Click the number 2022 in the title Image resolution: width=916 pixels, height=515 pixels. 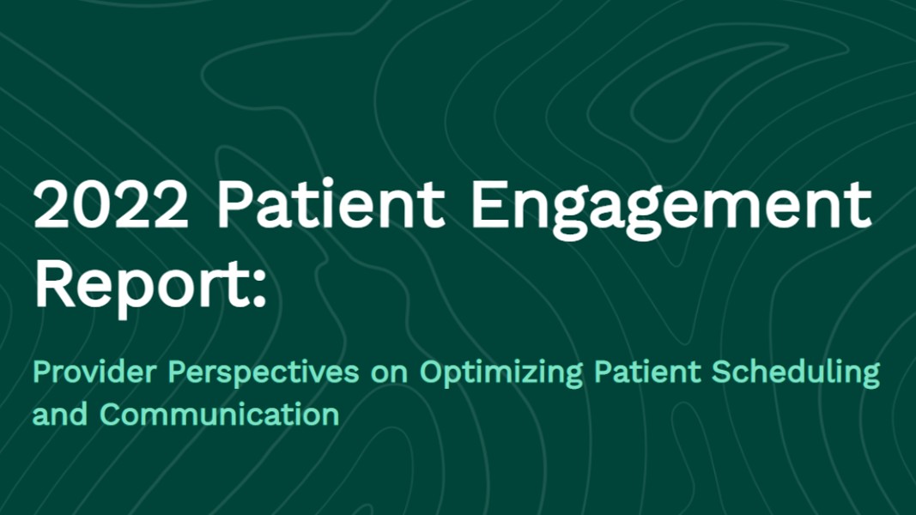pyautogui.click(x=111, y=205)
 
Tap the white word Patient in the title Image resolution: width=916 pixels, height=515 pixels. pyautogui.click(x=331, y=203)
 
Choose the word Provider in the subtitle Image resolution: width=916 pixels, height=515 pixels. pyautogui.click(x=94, y=372)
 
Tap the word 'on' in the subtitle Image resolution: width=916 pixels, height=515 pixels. pyautogui.click(x=389, y=374)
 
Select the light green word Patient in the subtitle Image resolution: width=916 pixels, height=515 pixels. pyautogui.click(x=647, y=372)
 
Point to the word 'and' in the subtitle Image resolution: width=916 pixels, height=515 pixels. pyautogui.click(x=60, y=414)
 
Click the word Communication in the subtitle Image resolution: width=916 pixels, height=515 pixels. pyautogui.click(x=220, y=414)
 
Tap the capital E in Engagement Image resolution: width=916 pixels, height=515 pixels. pyautogui.click(x=489, y=203)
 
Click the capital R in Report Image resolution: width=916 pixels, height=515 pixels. pyautogui.click(x=54, y=286)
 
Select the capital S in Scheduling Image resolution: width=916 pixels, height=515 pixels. pyautogui.click(x=722, y=373)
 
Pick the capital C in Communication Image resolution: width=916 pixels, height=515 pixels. pyautogui.click(x=111, y=415)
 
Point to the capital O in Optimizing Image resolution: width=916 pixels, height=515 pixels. pyautogui.click(x=432, y=373)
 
